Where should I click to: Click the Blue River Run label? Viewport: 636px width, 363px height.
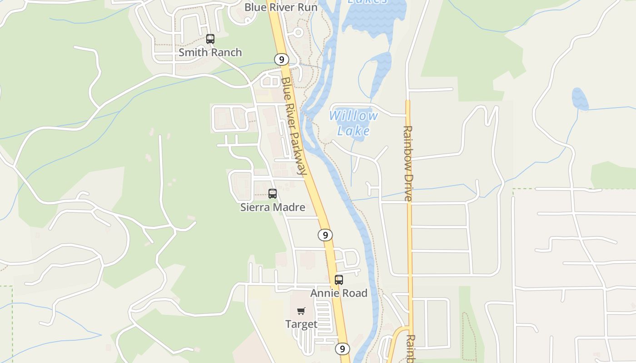[281, 8]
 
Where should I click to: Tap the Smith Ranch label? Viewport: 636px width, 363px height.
[210, 53]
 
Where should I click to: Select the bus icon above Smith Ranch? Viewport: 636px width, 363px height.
[210, 39]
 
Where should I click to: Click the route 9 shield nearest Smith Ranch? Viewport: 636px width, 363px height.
[282, 59]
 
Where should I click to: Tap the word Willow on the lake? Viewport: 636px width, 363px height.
[353, 116]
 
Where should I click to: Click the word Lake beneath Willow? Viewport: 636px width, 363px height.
[353, 131]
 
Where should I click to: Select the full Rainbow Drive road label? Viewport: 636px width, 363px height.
[407, 163]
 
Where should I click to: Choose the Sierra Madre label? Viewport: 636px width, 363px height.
[273, 207]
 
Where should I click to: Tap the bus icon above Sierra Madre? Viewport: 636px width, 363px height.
[273, 194]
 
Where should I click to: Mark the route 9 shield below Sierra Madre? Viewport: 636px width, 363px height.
[325, 235]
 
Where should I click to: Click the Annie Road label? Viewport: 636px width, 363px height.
[339, 293]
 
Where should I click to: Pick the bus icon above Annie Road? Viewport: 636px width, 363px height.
[339, 280]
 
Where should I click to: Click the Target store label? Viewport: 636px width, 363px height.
[301, 324]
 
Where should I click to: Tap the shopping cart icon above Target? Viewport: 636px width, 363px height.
[301, 311]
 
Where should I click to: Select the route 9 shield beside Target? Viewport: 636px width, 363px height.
[343, 348]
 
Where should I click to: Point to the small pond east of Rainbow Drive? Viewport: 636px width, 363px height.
[580, 99]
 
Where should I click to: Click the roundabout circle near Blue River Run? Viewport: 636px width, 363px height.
[298, 33]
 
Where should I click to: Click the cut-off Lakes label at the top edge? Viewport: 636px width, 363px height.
[368, 2]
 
